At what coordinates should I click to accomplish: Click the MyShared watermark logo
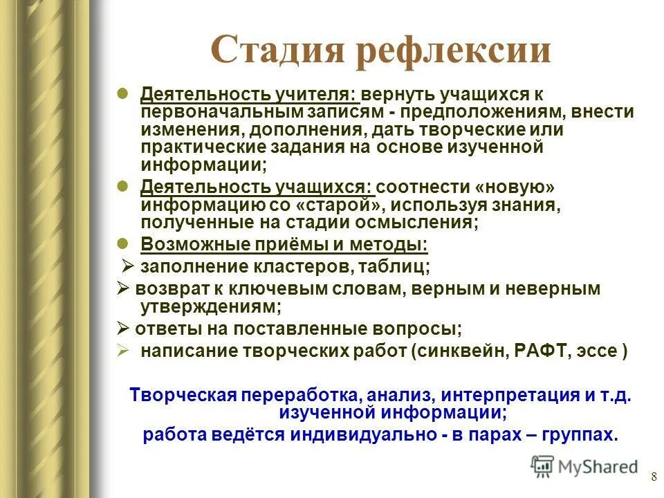pyautogui.click(x=584, y=466)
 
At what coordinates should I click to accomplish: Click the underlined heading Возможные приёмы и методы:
pyautogui.click(x=284, y=244)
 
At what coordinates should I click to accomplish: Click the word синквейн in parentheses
pyautogui.click(x=462, y=350)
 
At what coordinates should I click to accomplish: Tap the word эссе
pyautogui.click(x=598, y=350)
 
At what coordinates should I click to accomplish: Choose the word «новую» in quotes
pyautogui.click(x=505, y=188)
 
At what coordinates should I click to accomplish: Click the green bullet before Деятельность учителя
pyautogui.click(x=122, y=92)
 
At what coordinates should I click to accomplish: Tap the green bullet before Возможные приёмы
pyautogui.click(x=122, y=243)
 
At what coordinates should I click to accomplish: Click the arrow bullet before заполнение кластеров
pyautogui.click(x=128, y=266)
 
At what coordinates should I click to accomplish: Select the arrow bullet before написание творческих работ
pyautogui.click(x=122, y=349)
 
